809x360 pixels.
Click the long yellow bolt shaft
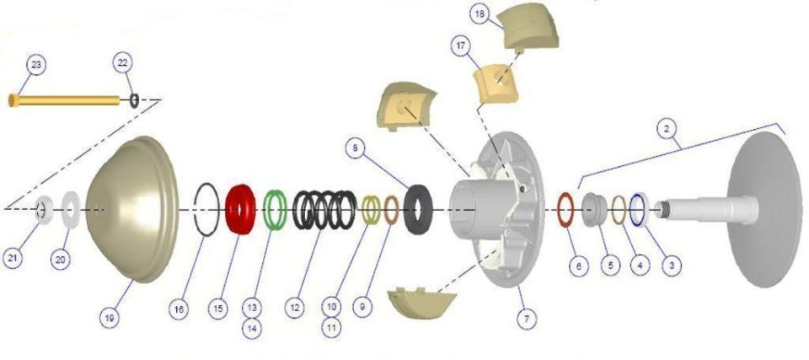[65, 100]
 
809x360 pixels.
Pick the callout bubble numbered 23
[35, 65]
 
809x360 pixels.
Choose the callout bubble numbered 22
[123, 62]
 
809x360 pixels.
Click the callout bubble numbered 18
[480, 14]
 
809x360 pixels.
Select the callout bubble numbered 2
[667, 130]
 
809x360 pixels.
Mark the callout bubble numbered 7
[526, 319]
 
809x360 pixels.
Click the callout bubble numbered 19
[110, 318]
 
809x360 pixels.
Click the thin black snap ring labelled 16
[195, 209]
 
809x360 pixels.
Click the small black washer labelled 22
[134, 100]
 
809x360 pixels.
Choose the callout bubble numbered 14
[252, 329]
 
